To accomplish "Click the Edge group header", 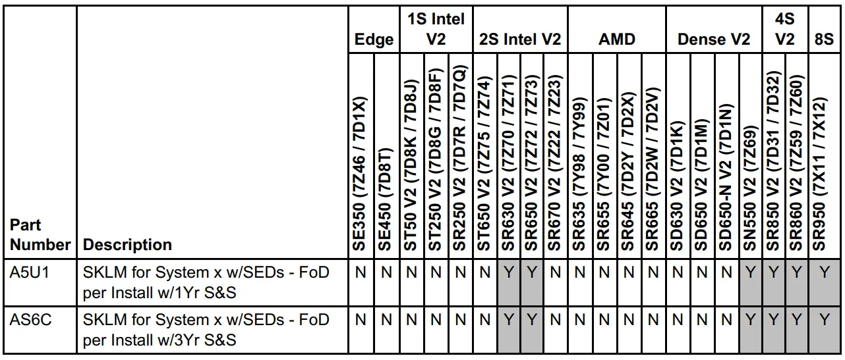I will pos(374,39).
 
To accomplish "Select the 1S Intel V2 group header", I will pos(436,30).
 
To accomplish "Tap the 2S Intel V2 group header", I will pos(520,39).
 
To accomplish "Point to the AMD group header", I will pos(617,39).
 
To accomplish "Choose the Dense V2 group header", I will pos(714,39).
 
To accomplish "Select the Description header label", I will pos(128,245).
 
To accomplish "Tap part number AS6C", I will pos(27,320).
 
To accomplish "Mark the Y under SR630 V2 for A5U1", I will pos(508,272).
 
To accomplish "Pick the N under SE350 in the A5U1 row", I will pos(361,272).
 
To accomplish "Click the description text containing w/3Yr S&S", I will pos(206,330).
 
